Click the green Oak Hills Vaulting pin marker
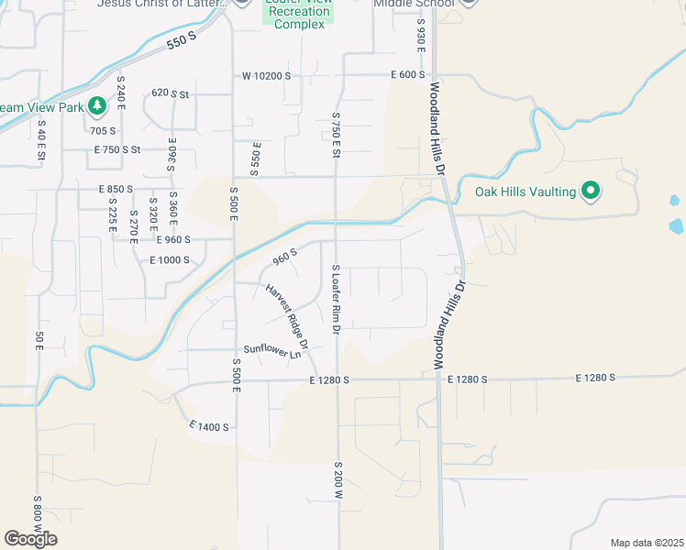[592, 192]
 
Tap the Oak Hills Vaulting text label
[526, 192]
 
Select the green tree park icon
[96, 107]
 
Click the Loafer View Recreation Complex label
[299, 16]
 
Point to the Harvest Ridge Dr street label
[287, 316]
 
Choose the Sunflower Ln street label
[271, 349]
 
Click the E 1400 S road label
[209, 427]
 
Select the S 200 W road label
[337, 480]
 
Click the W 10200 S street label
[266, 75]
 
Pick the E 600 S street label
[407, 75]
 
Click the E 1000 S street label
[169, 260]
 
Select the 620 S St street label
[170, 93]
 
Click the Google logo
[30, 539]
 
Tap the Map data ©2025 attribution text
[647, 543]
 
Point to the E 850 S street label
[116, 189]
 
